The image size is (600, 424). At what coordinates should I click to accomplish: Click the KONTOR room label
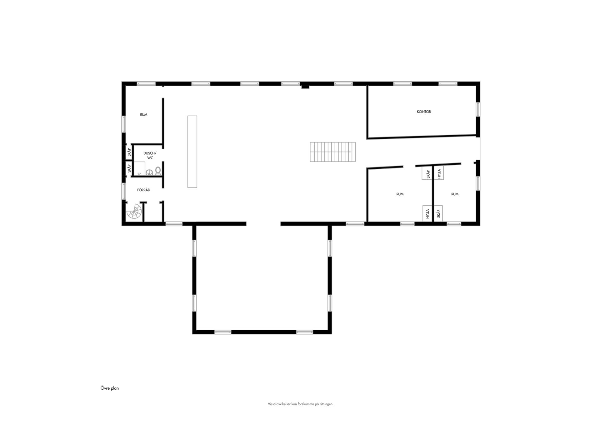424,112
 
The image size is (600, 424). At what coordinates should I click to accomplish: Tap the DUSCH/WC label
150,155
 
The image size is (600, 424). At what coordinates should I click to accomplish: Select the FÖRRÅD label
144,190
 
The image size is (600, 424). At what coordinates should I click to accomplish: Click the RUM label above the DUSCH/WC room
144,115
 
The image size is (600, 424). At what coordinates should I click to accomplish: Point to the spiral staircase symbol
134,212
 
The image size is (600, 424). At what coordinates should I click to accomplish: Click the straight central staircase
333,152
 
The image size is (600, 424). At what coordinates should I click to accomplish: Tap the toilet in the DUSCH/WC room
158,171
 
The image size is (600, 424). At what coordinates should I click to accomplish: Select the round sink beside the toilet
149,172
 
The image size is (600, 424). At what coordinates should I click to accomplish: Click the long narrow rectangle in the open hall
192,152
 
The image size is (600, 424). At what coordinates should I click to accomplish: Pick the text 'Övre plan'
110,388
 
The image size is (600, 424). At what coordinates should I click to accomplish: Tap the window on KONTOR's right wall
478,109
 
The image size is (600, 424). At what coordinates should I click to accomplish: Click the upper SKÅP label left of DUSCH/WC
129,153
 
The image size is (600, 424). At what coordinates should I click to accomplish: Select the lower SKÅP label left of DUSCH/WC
129,169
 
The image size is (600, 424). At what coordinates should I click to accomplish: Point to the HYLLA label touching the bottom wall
427,214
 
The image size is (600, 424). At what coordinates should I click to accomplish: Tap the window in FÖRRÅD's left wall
124,191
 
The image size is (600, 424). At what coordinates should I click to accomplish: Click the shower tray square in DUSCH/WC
139,168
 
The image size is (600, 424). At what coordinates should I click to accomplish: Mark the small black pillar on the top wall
305,87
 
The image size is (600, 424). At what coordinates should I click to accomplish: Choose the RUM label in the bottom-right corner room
455,194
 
